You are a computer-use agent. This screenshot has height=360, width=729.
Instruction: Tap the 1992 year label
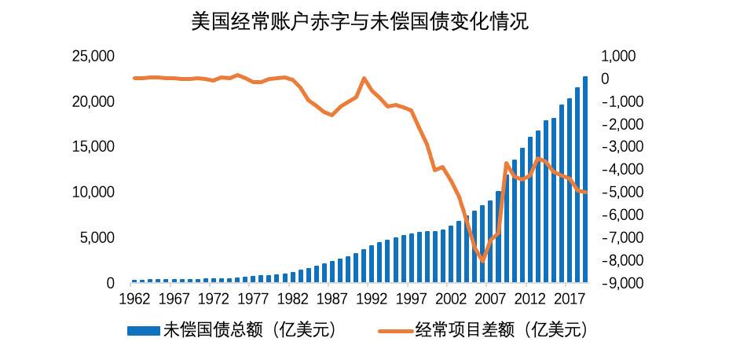click(372, 299)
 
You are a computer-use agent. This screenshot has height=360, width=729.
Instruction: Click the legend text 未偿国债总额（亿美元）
click(250, 330)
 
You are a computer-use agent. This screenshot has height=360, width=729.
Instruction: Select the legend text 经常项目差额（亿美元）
click(502, 330)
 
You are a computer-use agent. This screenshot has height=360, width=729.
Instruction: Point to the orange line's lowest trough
click(482, 260)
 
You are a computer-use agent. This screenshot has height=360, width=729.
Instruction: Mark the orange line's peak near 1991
click(364, 79)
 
